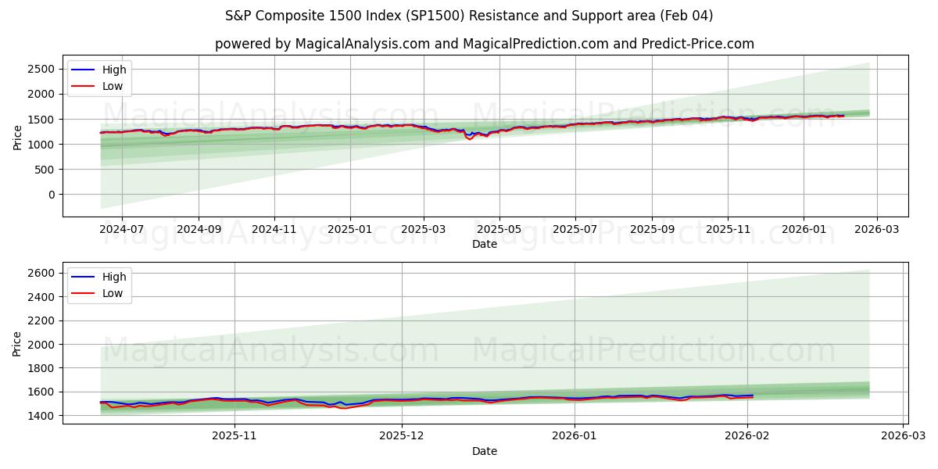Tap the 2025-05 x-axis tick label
[499, 230]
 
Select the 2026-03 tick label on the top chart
[876, 230]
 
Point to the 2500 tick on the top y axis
[40, 69]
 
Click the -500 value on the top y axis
[40, 220]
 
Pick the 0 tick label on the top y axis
[50, 195]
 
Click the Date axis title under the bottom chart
[485, 451]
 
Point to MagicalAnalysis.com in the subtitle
[362, 44]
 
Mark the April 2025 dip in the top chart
[470, 139]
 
